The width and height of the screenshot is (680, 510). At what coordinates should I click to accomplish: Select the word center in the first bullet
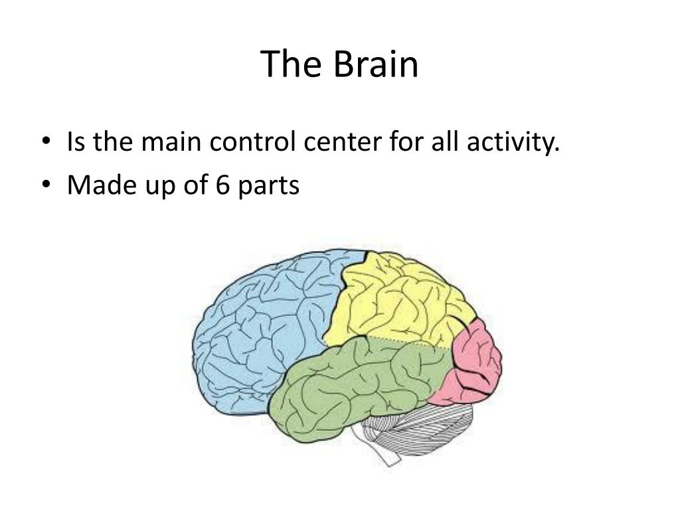[x=344, y=143]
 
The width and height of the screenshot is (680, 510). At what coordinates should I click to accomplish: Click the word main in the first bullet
[x=173, y=143]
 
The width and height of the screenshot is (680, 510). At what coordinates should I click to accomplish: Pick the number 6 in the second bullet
[x=222, y=185]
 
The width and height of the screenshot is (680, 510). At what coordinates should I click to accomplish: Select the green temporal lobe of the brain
[x=352, y=385]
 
